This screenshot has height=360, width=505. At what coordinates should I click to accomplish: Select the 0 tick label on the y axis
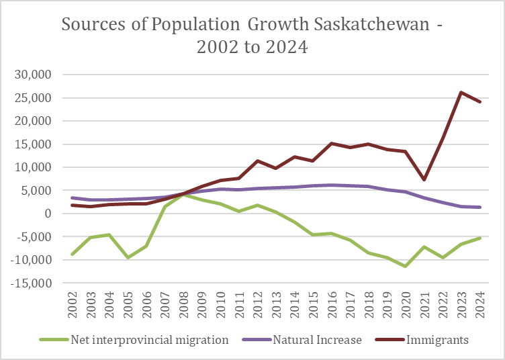[x=48, y=214]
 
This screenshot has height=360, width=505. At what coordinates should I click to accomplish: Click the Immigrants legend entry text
[x=437, y=340]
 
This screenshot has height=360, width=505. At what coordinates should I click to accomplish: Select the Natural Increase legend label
[x=318, y=340]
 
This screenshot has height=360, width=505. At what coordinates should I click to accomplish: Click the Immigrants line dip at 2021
[x=424, y=180]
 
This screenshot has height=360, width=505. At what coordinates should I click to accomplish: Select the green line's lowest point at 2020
[x=404, y=266]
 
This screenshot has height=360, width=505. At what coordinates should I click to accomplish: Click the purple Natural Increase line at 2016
[x=331, y=185]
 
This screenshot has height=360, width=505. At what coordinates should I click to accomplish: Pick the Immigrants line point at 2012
[x=257, y=161]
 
